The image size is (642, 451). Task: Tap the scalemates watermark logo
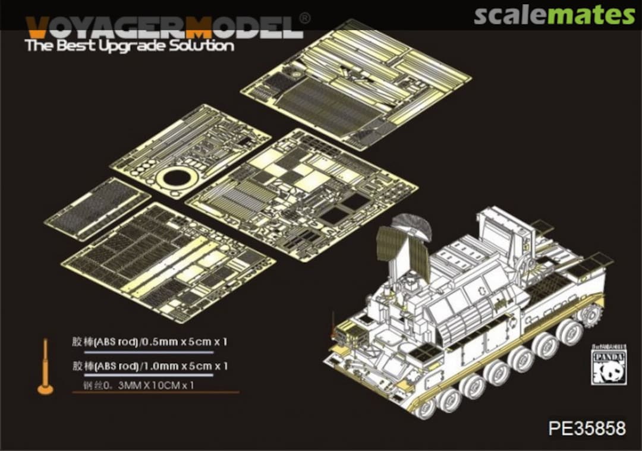(554, 15)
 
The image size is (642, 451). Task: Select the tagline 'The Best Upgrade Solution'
(130, 46)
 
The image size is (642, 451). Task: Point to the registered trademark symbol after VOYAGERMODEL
(304, 18)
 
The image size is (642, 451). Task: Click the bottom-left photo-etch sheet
(168, 261)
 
